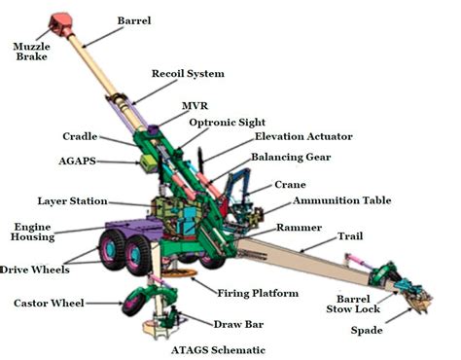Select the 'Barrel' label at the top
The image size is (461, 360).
point(134,20)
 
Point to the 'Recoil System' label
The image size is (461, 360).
point(188,74)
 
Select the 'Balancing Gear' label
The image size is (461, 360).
point(296,157)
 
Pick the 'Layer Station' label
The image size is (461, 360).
point(73,201)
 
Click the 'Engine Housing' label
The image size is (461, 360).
point(33,232)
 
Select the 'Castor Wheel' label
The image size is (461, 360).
point(50,304)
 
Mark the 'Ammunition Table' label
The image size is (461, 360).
point(342,200)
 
